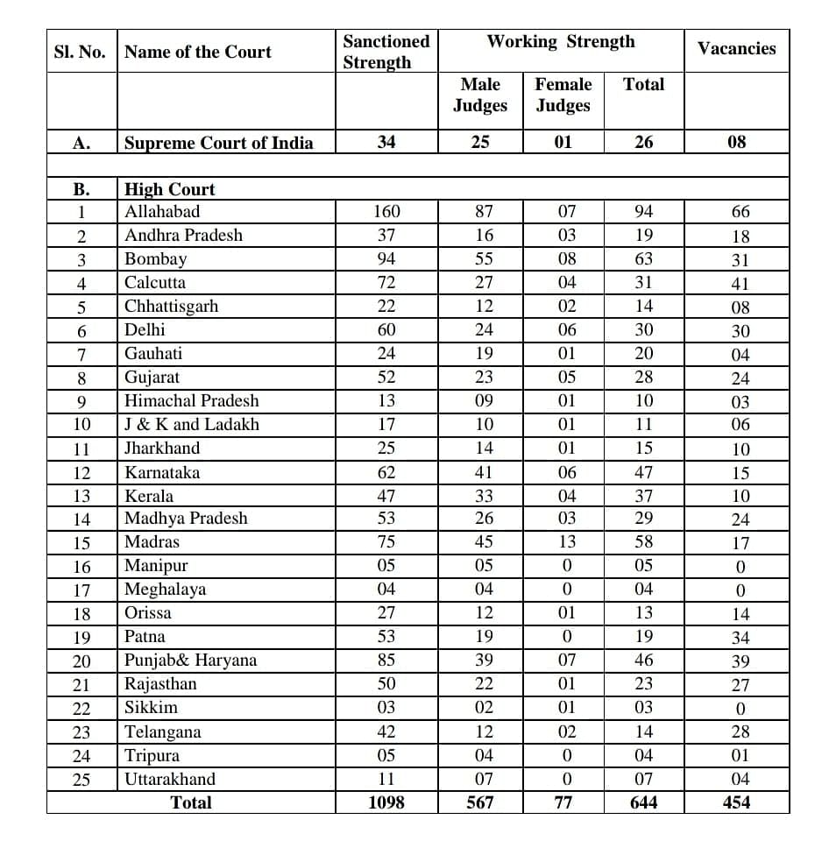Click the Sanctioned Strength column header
tap(386, 52)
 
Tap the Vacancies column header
tap(736, 48)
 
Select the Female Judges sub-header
tap(563, 95)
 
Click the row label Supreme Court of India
tap(218, 143)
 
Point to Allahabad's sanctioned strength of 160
tap(386, 211)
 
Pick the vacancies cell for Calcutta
tap(740, 284)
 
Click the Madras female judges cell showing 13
tap(567, 542)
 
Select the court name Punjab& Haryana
tap(191, 660)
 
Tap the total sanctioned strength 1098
tap(386, 802)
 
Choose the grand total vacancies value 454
tap(736, 802)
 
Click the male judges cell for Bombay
tap(484, 259)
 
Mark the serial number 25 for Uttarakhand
tap(81, 780)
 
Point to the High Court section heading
tap(170, 189)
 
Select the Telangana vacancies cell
tap(740, 732)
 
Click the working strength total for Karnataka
tap(643, 473)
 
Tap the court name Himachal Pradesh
tap(192, 400)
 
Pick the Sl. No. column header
tap(80, 52)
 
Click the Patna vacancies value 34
tap(740, 638)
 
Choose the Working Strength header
tap(561, 41)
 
